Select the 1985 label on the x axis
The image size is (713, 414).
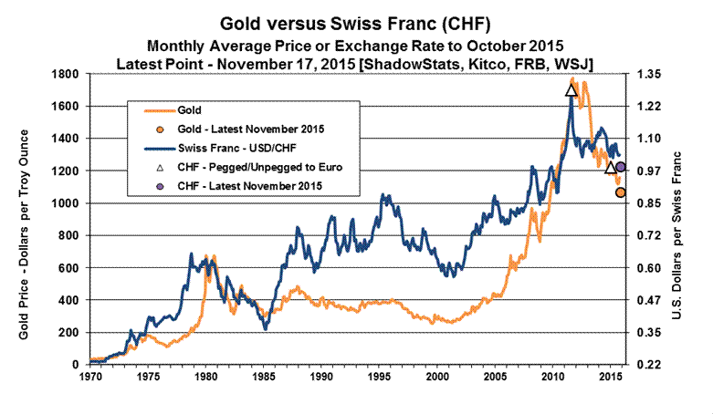(x=265, y=376)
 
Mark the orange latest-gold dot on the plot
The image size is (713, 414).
(x=620, y=192)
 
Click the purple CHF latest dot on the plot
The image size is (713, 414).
(x=620, y=167)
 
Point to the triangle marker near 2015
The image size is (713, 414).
(x=611, y=167)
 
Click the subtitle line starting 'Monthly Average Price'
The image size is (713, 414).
(x=356, y=45)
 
